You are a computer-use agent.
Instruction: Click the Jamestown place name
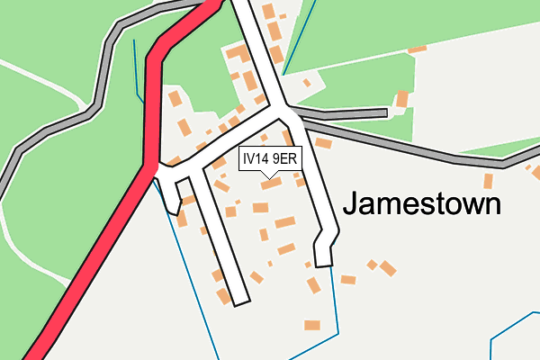point(421,204)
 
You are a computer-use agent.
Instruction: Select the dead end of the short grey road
point(384,113)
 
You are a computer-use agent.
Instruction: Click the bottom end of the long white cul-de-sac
point(238,300)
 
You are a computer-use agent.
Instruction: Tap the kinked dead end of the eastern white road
point(324,260)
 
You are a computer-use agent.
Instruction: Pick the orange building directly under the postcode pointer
point(271,184)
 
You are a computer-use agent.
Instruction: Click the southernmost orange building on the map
point(311,324)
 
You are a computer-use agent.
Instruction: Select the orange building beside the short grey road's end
point(402,98)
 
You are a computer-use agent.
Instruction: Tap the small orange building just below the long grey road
point(489,181)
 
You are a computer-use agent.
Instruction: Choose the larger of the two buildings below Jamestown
point(388,268)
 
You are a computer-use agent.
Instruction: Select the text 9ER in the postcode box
point(285,158)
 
